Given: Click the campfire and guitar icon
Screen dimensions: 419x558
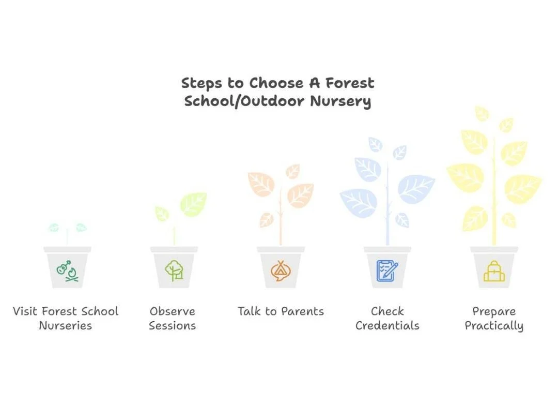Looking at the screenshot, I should pos(67,271).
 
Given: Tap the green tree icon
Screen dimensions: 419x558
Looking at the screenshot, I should pos(174,271).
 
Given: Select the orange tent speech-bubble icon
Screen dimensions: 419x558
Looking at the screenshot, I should pos(281,271).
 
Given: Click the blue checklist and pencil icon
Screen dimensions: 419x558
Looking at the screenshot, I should pos(388,271).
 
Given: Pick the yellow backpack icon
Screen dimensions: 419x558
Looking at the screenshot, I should pos(494,271).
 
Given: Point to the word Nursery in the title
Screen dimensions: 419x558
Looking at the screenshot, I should pos(340,101).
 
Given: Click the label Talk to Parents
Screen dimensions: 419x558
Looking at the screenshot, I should pos(281,311).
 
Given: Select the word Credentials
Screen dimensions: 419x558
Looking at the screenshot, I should pos(388,326).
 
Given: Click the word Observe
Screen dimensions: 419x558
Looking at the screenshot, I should pos(173,311).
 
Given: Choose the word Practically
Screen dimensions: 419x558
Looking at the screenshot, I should pos(494,326).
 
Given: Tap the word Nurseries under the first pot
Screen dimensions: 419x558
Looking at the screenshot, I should pos(66,326).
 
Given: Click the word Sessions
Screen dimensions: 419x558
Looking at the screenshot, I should pos(173,326).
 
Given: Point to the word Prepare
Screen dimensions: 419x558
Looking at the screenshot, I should pos(494,311).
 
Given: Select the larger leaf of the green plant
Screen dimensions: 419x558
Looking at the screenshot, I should pos(193,203).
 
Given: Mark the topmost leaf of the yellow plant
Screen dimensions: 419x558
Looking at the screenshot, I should pos(482,113).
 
